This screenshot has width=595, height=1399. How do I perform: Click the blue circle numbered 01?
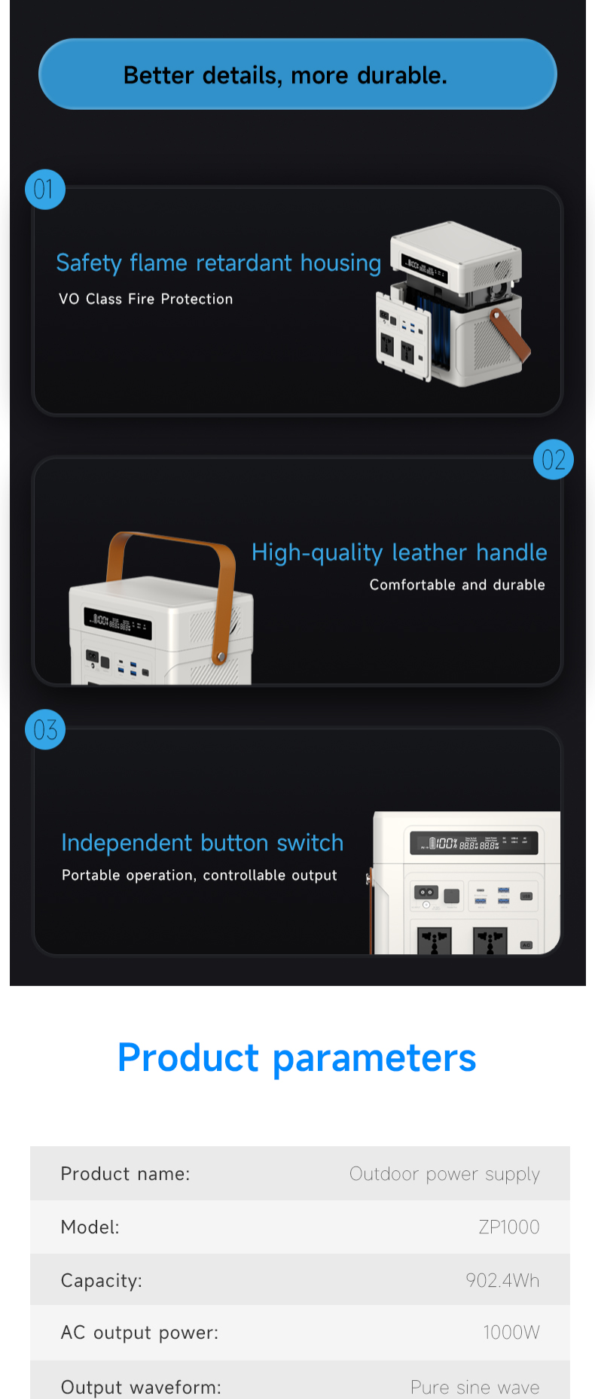(x=45, y=190)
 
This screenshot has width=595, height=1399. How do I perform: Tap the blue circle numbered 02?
(x=554, y=460)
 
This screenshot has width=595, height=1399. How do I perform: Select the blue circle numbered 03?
(x=45, y=730)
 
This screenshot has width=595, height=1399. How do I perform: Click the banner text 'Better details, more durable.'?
(x=285, y=75)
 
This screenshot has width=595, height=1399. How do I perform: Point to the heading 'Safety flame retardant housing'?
(x=218, y=263)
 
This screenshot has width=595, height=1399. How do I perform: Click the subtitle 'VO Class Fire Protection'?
(x=146, y=299)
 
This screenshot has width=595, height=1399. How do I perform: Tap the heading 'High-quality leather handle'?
(x=399, y=552)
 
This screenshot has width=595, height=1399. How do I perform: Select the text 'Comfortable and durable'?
(x=457, y=585)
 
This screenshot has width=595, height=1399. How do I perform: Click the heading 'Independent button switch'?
(x=202, y=843)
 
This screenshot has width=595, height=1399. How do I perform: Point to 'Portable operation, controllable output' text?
(x=200, y=875)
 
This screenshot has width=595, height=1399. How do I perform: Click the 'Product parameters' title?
(x=297, y=1057)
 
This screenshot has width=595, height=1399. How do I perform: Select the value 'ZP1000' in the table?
(x=509, y=1227)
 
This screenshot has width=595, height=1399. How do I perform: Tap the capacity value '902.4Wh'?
(x=502, y=1280)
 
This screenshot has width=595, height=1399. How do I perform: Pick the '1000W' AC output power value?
(x=511, y=1333)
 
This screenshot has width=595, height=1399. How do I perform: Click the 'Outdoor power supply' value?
(x=444, y=1174)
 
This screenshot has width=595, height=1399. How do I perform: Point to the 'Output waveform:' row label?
(x=141, y=1387)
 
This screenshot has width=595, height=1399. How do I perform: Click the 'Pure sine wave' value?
(x=475, y=1387)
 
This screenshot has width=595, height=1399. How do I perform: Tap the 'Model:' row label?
(x=90, y=1227)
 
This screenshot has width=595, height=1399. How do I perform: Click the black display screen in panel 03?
(x=474, y=843)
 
